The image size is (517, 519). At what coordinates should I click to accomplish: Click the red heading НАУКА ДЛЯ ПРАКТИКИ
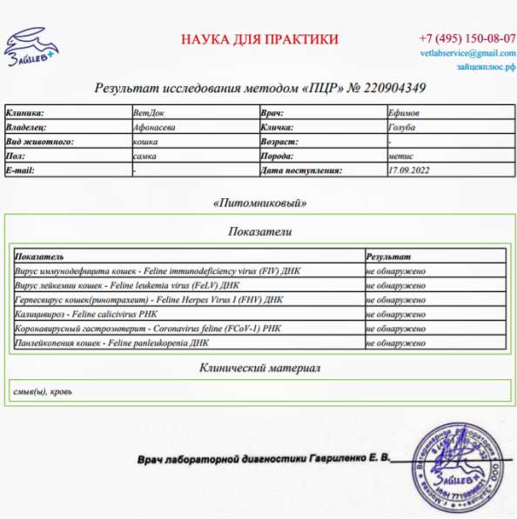[259, 39]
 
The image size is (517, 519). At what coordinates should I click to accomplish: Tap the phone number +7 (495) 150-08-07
[467, 39]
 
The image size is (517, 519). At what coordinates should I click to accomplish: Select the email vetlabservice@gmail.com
[467, 54]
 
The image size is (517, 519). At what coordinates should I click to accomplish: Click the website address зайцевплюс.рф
[480, 67]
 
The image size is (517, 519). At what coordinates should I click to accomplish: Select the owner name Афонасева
[154, 127]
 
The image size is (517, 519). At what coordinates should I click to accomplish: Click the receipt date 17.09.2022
[410, 170]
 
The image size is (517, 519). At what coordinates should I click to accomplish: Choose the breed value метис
[400, 156]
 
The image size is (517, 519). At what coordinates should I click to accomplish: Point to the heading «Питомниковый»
[259, 203]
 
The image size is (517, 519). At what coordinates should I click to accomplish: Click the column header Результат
[388, 257]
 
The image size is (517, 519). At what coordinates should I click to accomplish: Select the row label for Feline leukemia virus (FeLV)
[127, 285]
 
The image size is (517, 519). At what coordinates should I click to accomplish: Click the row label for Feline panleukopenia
[112, 343]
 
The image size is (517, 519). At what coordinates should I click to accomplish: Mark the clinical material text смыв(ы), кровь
[43, 391]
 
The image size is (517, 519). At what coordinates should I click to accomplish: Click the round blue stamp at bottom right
[461, 467]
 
